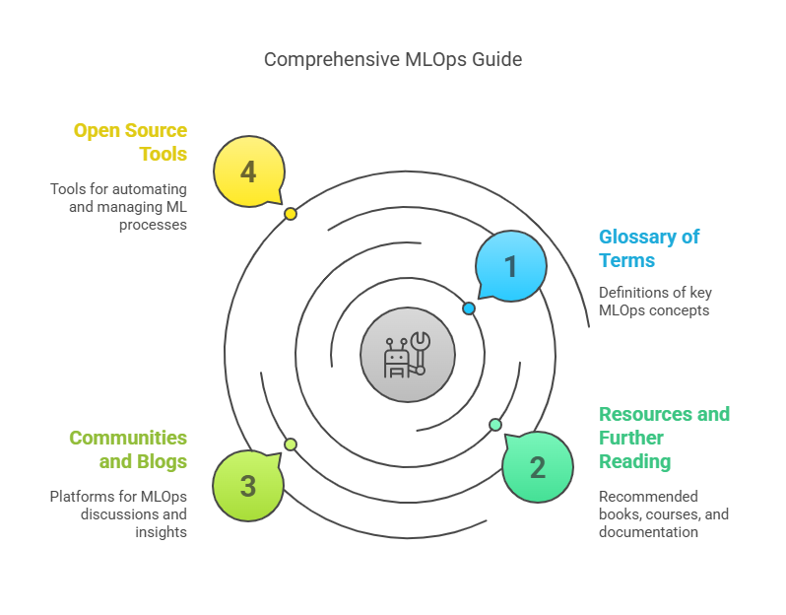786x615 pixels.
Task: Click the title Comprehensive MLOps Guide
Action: click(x=393, y=60)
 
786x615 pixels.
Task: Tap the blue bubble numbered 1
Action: click(x=511, y=266)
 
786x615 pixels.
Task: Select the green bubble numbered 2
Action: click(x=538, y=466)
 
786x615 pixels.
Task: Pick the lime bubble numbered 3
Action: click(x=248, y=486)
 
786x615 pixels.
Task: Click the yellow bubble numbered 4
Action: click(x=249, y=171)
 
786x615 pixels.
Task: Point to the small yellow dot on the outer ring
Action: click(x=291, y=214)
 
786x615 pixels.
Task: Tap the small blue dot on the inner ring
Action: click(x=469, y=308)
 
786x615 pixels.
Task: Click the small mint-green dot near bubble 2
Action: click(x=495, y=425)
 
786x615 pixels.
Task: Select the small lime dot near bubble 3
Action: click(x=291, y=444)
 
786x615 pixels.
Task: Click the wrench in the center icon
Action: click(x=420, y=351)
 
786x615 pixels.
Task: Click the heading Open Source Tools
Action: click(x=130, y=142)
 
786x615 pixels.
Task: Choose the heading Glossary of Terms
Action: click(x=649, y=248)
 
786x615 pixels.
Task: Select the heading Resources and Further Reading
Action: click(x=664, y=438)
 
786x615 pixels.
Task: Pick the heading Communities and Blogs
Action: click(x=128, y=449)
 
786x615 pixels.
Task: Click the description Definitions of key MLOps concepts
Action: click(x=655, y=301)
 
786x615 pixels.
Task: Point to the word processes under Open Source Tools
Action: click(x=153, y=225)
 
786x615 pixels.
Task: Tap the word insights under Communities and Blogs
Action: click(x=161, y=532)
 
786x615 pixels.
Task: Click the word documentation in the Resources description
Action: click(x=648, y=532)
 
